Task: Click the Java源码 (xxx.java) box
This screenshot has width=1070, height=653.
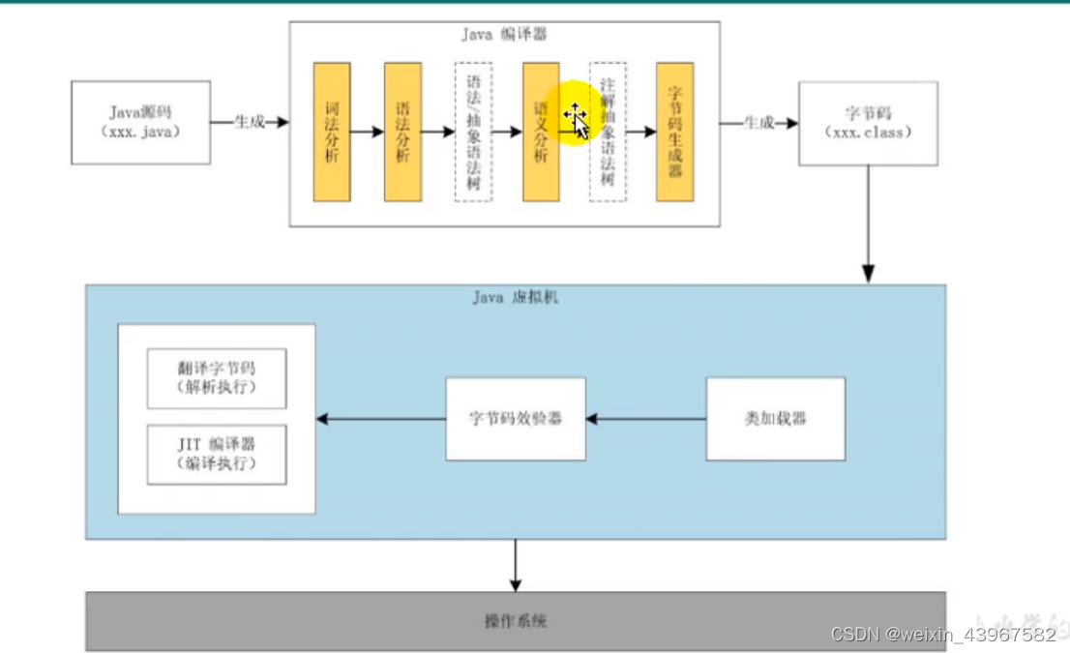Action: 140,122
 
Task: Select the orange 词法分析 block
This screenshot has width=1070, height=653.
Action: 332,132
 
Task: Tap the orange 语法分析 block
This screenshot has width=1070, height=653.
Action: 402,132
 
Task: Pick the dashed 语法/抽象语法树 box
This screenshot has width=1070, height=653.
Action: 473,132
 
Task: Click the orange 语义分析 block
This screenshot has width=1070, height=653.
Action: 541,132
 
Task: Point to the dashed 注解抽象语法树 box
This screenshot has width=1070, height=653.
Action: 608,132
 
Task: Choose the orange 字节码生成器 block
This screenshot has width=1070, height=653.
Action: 675,132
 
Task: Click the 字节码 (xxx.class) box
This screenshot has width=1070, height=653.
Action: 867,123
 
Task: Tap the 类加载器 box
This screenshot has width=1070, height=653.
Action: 775,418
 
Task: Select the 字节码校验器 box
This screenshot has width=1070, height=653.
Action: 515,418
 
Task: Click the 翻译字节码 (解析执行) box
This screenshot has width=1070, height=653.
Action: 217,378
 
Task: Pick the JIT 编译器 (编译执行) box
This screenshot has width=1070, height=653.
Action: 217,454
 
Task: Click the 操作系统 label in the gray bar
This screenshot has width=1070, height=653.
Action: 515,620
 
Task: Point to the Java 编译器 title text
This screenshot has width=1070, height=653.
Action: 504,35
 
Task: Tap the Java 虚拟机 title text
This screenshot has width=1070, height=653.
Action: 515,297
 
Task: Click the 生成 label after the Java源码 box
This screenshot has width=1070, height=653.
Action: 249,122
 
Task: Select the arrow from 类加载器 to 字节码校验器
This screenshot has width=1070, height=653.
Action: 646,419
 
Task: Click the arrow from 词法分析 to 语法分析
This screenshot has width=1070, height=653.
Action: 367,132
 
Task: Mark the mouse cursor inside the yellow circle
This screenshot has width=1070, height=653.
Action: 577,119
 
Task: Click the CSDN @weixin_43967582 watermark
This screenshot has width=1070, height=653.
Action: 943,635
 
